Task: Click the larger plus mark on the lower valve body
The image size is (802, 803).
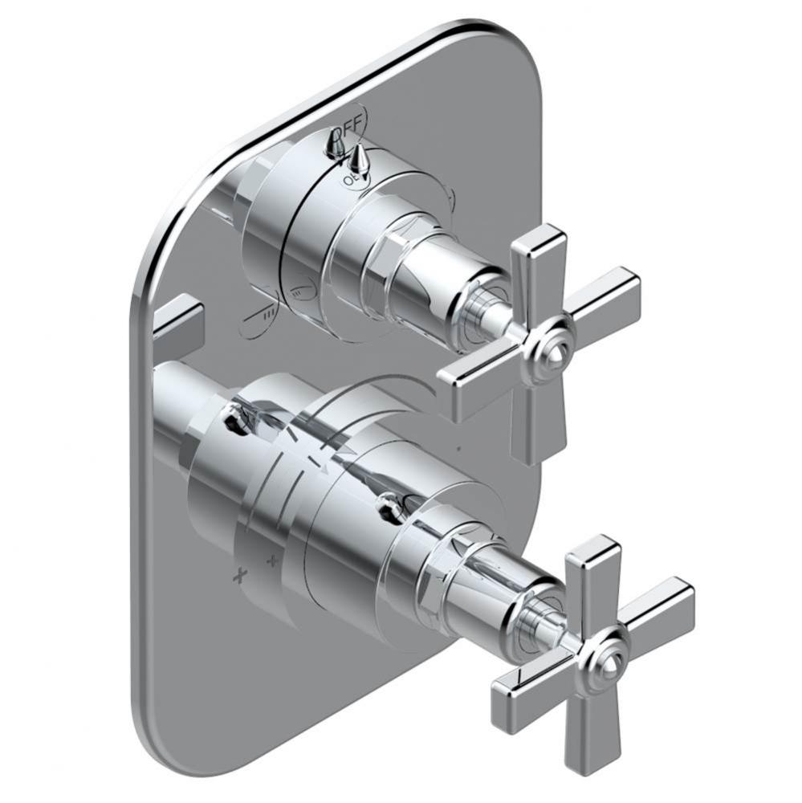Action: tap(238, 575)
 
